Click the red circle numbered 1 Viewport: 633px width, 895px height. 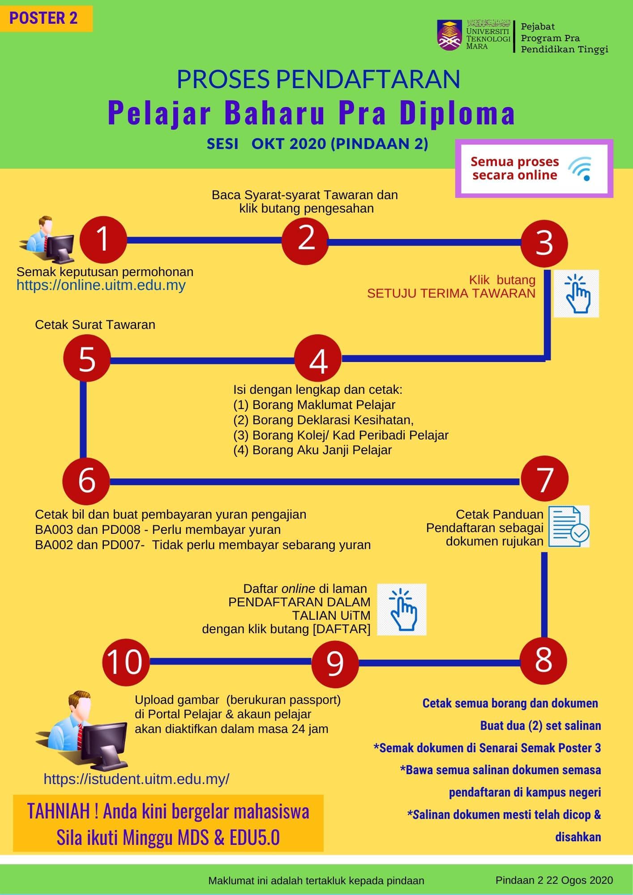(103, 239)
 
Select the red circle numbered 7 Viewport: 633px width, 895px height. (545, 478)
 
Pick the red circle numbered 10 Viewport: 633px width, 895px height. (126, 661)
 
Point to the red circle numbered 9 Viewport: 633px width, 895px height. (335, 662)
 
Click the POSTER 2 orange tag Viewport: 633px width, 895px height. (46, 18)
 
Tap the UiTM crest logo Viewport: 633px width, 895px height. (450, 34)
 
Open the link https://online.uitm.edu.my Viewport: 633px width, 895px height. (101, 286)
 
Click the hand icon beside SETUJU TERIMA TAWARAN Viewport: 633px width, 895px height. (576, 294)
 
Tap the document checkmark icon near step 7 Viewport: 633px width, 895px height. (569, 526)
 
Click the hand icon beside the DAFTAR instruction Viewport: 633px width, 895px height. (402, 609)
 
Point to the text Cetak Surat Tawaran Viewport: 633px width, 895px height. (95, 324)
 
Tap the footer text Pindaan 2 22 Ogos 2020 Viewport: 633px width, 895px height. (554, 880)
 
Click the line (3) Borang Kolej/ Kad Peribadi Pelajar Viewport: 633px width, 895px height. (341, 435)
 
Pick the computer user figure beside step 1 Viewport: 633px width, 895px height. (47, 240)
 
